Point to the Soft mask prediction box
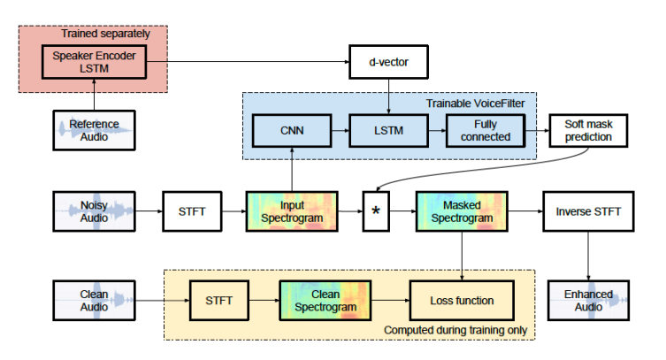tap(587, 132)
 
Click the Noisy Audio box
tap(94, 212)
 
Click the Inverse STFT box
tap(587, 212)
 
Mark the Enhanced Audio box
tap(587, 300)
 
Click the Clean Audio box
tap(94, 300)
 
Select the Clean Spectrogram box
tap(324, 300)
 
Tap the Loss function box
tap(461, 300)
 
